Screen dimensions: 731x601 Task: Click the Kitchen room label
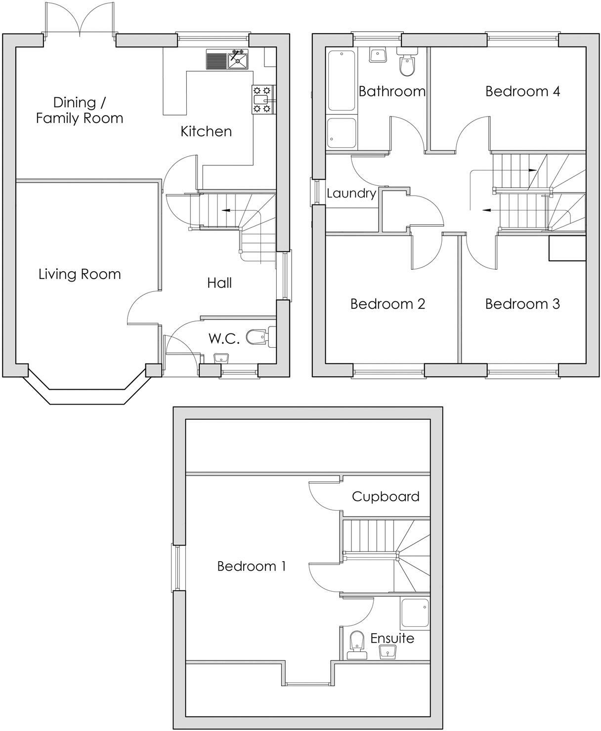pyautogui.click(x=206, y=131)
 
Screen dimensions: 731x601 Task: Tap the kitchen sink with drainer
pyautogui.click(x=227, y=60)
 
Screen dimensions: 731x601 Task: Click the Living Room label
pyautogui.click(x=80, y=274)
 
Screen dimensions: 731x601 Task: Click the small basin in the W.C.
pyautogui.click(x=221, y=357)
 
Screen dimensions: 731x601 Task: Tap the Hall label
pyautogui.click(x=219, y=283)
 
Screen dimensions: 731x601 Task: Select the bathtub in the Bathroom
pyautogui.click(x=342, y=80)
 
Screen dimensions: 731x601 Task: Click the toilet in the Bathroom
pyautogui.click(x=407, y=64)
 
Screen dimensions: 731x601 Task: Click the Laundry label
pyautogui.click(x=351, y=193)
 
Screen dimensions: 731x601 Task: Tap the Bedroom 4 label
pyautogui.click(x=522, y=91)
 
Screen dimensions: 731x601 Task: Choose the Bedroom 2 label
pyautogui.click(x=387, y=304)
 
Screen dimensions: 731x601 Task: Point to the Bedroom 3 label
pyautogui.click(x=522, y=304)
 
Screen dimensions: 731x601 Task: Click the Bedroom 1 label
pyautogui.click(x=252, y=566)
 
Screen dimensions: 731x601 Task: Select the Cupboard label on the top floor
pyautogui.click(x=386, y=496)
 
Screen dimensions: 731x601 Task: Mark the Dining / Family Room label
pyautogui.click(x=80, y=110)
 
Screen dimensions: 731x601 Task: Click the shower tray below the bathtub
pyautogui.click(x=342, y=133)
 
